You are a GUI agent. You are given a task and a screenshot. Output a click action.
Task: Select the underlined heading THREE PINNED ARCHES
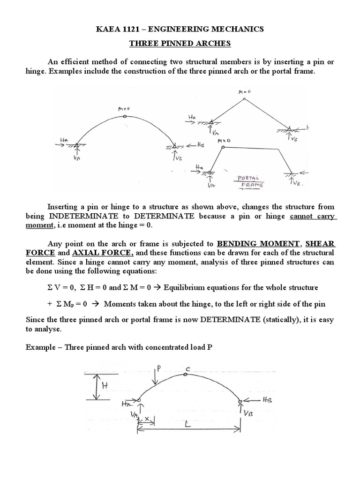(180, 45)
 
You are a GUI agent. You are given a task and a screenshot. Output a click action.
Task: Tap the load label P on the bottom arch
(158, 368)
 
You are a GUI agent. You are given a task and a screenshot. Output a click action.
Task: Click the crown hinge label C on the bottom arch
(187, 369)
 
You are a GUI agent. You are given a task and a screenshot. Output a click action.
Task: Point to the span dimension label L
(187, 424)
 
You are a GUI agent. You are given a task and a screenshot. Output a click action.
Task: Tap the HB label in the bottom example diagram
(267, 401)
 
